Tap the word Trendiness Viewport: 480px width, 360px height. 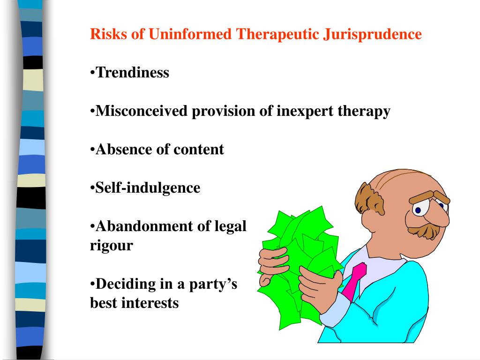[132, 73]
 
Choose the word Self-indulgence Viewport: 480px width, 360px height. [148, 188]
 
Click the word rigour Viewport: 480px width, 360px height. [112, 246]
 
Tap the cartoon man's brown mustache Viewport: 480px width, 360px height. [424, 229]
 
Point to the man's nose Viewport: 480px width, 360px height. [438, 218]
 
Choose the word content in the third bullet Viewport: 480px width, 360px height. [199, 150]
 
